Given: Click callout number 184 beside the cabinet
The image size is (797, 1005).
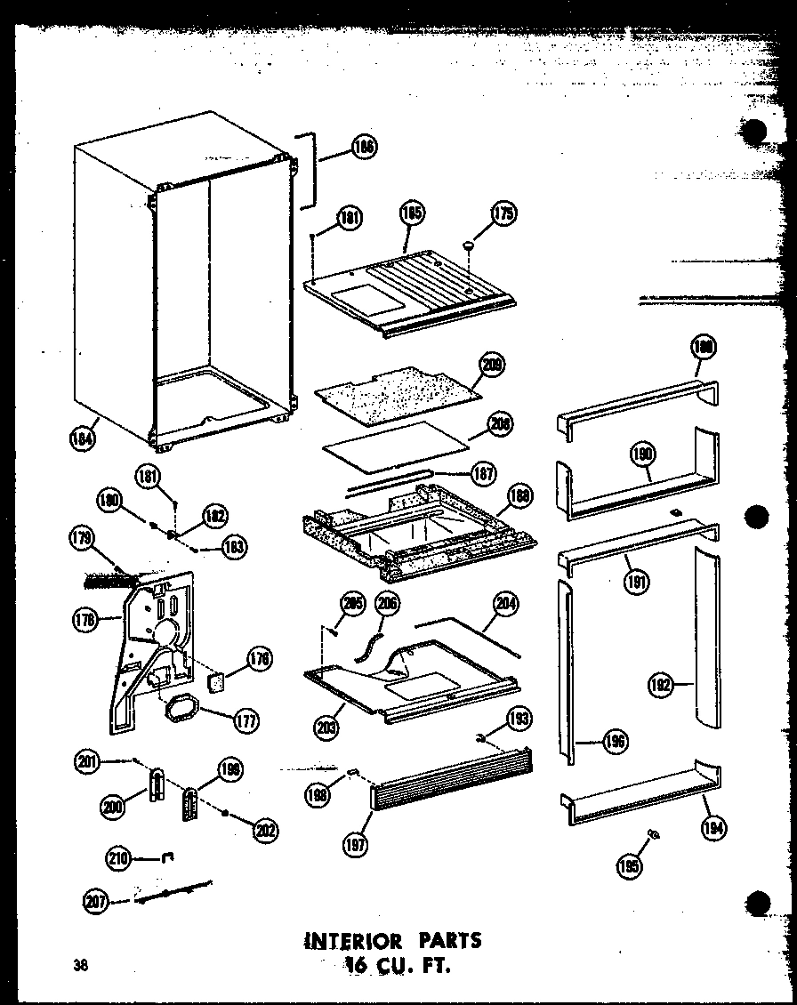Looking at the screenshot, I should click(x=85, y=437).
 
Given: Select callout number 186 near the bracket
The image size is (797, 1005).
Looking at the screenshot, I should click(x=363, y=148).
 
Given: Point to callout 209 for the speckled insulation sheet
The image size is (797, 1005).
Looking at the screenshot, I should click(x=491, y=364).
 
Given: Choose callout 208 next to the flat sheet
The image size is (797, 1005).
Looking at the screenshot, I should click(x=502, y=425).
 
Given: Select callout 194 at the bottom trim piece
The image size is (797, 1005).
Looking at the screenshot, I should click(x=712, y=829).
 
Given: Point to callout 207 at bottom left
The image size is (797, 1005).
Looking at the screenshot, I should click(x=95, y=903).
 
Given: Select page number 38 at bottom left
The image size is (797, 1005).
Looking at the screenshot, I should click(x=82, y=966).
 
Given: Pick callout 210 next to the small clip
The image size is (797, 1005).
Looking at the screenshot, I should click(x=118, y=858).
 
